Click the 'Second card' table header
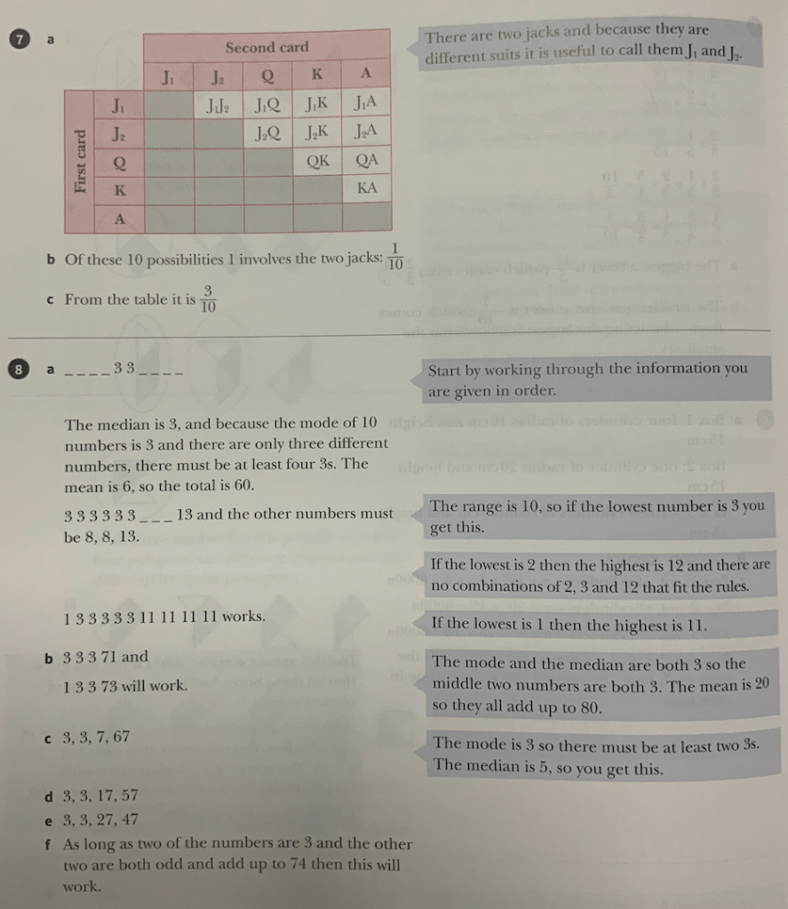pyautogui.click(x=267, y=47)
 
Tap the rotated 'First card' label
pyautogui.click(x=81, y=162)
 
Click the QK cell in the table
pyautogui.click(x=318, y=161)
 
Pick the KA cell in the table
pyautogui.click(x=367, y=188)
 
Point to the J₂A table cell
pyautogui.click(x=367, y=132)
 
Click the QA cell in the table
pyautogui.click(x=367, y=161)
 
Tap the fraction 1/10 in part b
pyautogui.click(x=395, y=256)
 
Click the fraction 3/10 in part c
pyautogui.click(x=208, y=299)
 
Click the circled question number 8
pyautogui.click(x=16, y=368)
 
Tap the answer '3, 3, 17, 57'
pyautogui.click(x=100, y=795)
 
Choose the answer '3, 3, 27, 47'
pyautogui.click(x=100, y=819)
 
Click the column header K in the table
pyautogui.click(x=317, y=72)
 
